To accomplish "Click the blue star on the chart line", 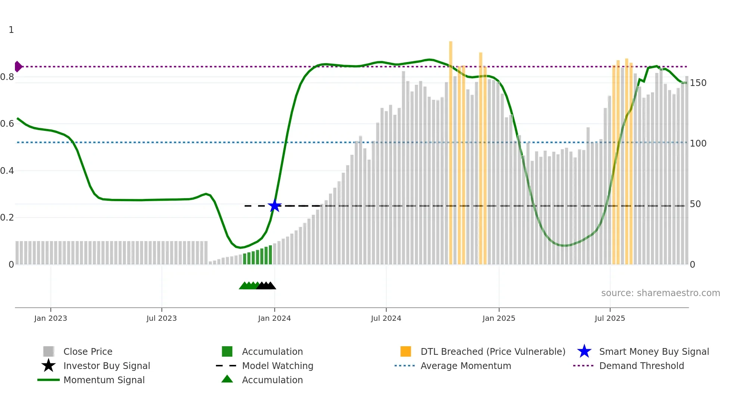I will tap(274, 206).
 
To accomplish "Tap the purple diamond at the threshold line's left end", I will tap(18, 67).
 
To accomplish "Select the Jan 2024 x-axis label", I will tap(274, 318).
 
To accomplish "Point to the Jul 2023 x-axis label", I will tap(161, 318).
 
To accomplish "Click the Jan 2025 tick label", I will tap(499, 318).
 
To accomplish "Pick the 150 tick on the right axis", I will tap(698, 83).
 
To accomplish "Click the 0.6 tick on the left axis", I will tap(7, 124).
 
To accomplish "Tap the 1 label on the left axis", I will tap(11, 30).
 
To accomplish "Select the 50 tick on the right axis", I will tap(695, 204).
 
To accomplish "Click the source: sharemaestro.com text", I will tap(660, 293).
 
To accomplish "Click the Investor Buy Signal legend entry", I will tap(106, 366).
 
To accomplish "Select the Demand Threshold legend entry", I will tap(641, 366).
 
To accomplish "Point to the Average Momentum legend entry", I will tap(465, 366).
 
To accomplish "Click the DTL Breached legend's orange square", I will tap(406, 351).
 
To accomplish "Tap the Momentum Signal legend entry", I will tap(104, 380).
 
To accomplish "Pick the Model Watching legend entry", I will tap(277, 366).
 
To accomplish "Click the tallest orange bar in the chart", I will tap(451, 150).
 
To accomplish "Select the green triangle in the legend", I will tap(227, 379).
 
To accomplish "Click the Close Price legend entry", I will tap(87, 351).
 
